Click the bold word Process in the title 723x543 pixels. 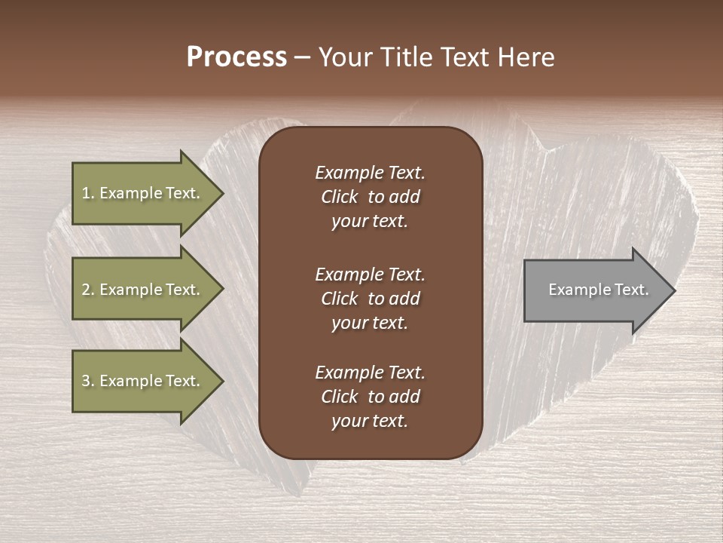(236, 57)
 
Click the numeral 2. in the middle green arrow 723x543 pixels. (88, 290)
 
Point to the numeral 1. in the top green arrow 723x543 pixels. (88, 193)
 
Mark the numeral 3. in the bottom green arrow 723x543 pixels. (88, 381)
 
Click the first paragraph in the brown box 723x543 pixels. (370, 197)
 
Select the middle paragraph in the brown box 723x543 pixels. (370, 299)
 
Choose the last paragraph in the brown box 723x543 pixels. (370, 397)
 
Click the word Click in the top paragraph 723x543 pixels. (339, 197)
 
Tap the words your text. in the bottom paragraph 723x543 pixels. (370, 421)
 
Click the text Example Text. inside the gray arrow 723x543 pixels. (599, 290)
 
